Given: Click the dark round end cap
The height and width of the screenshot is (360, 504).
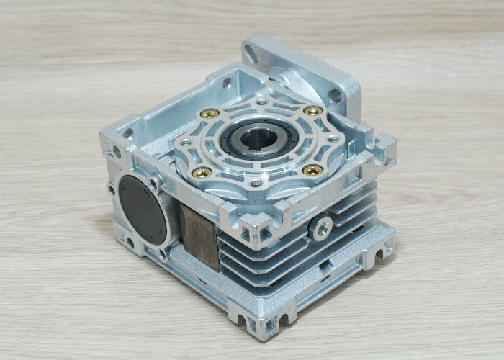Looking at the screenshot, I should pos(142,210).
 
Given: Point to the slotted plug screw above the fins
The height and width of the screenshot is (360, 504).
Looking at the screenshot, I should pos(321,228).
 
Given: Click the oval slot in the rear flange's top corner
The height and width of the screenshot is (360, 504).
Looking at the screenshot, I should pos(251,52).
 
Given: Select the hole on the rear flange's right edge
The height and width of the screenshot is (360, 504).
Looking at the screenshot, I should pos(336,94).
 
